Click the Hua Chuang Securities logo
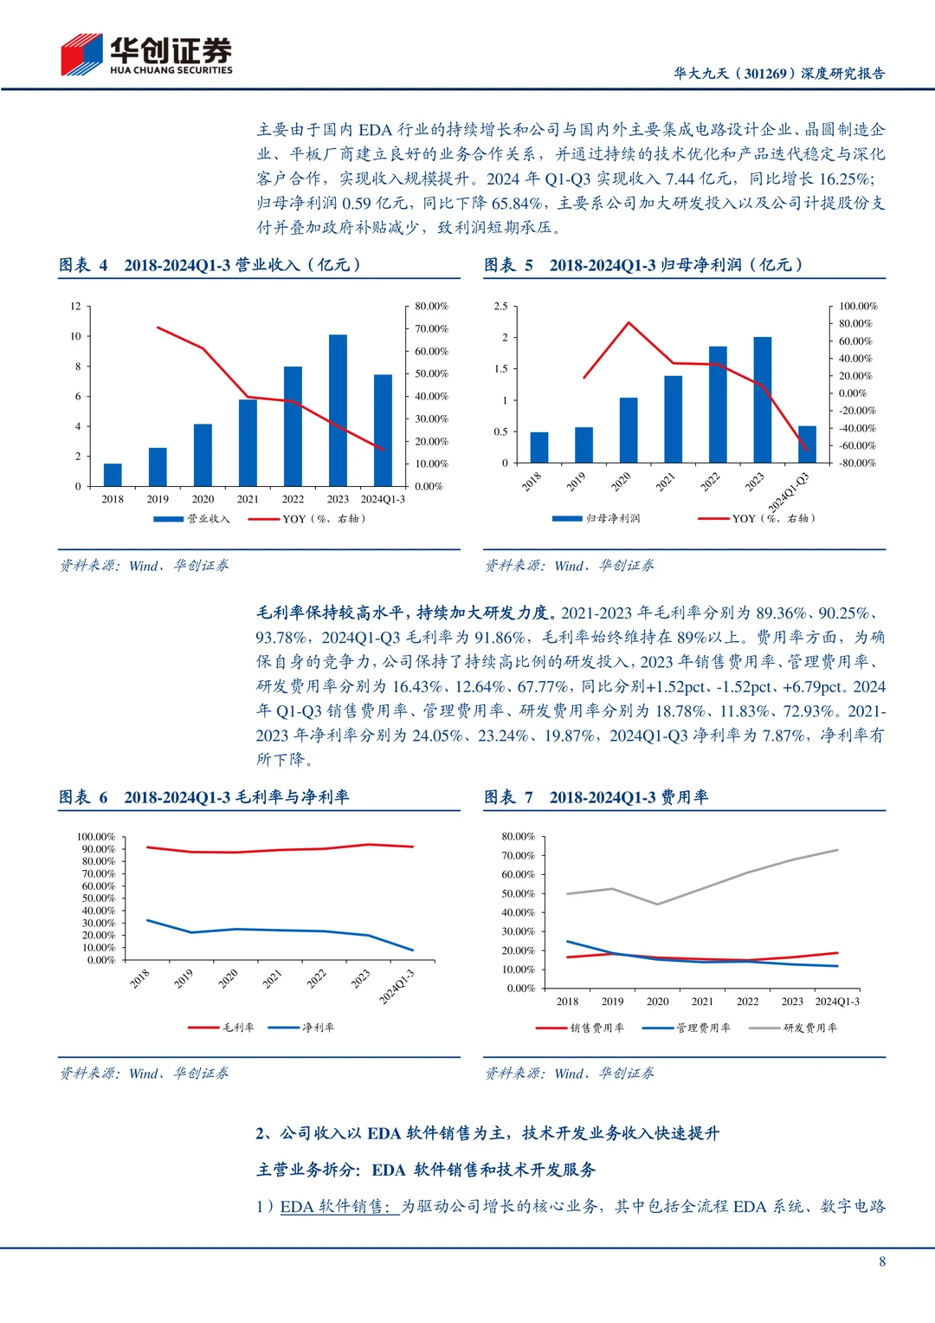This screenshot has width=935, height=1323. tap(145, 55)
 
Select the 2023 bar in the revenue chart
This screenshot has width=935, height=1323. tap(338, 410)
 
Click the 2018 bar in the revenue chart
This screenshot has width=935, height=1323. tap(113, 474)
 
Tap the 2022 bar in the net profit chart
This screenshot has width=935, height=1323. tap(718, 405)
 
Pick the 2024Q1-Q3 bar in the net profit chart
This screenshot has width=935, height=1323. tap(807, 444)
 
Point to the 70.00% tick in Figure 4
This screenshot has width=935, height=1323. tap(431, 329)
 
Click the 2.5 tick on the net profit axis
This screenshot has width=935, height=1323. tap(500, 307)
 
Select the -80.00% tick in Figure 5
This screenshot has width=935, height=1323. tap(857, 464)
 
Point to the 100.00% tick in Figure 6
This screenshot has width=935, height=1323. tap(95, 837)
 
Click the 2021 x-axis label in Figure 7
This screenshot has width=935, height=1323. tap(702, 1002)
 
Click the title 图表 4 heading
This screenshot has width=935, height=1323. tap(210, 265)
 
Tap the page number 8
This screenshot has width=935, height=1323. tap(882, 1261)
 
